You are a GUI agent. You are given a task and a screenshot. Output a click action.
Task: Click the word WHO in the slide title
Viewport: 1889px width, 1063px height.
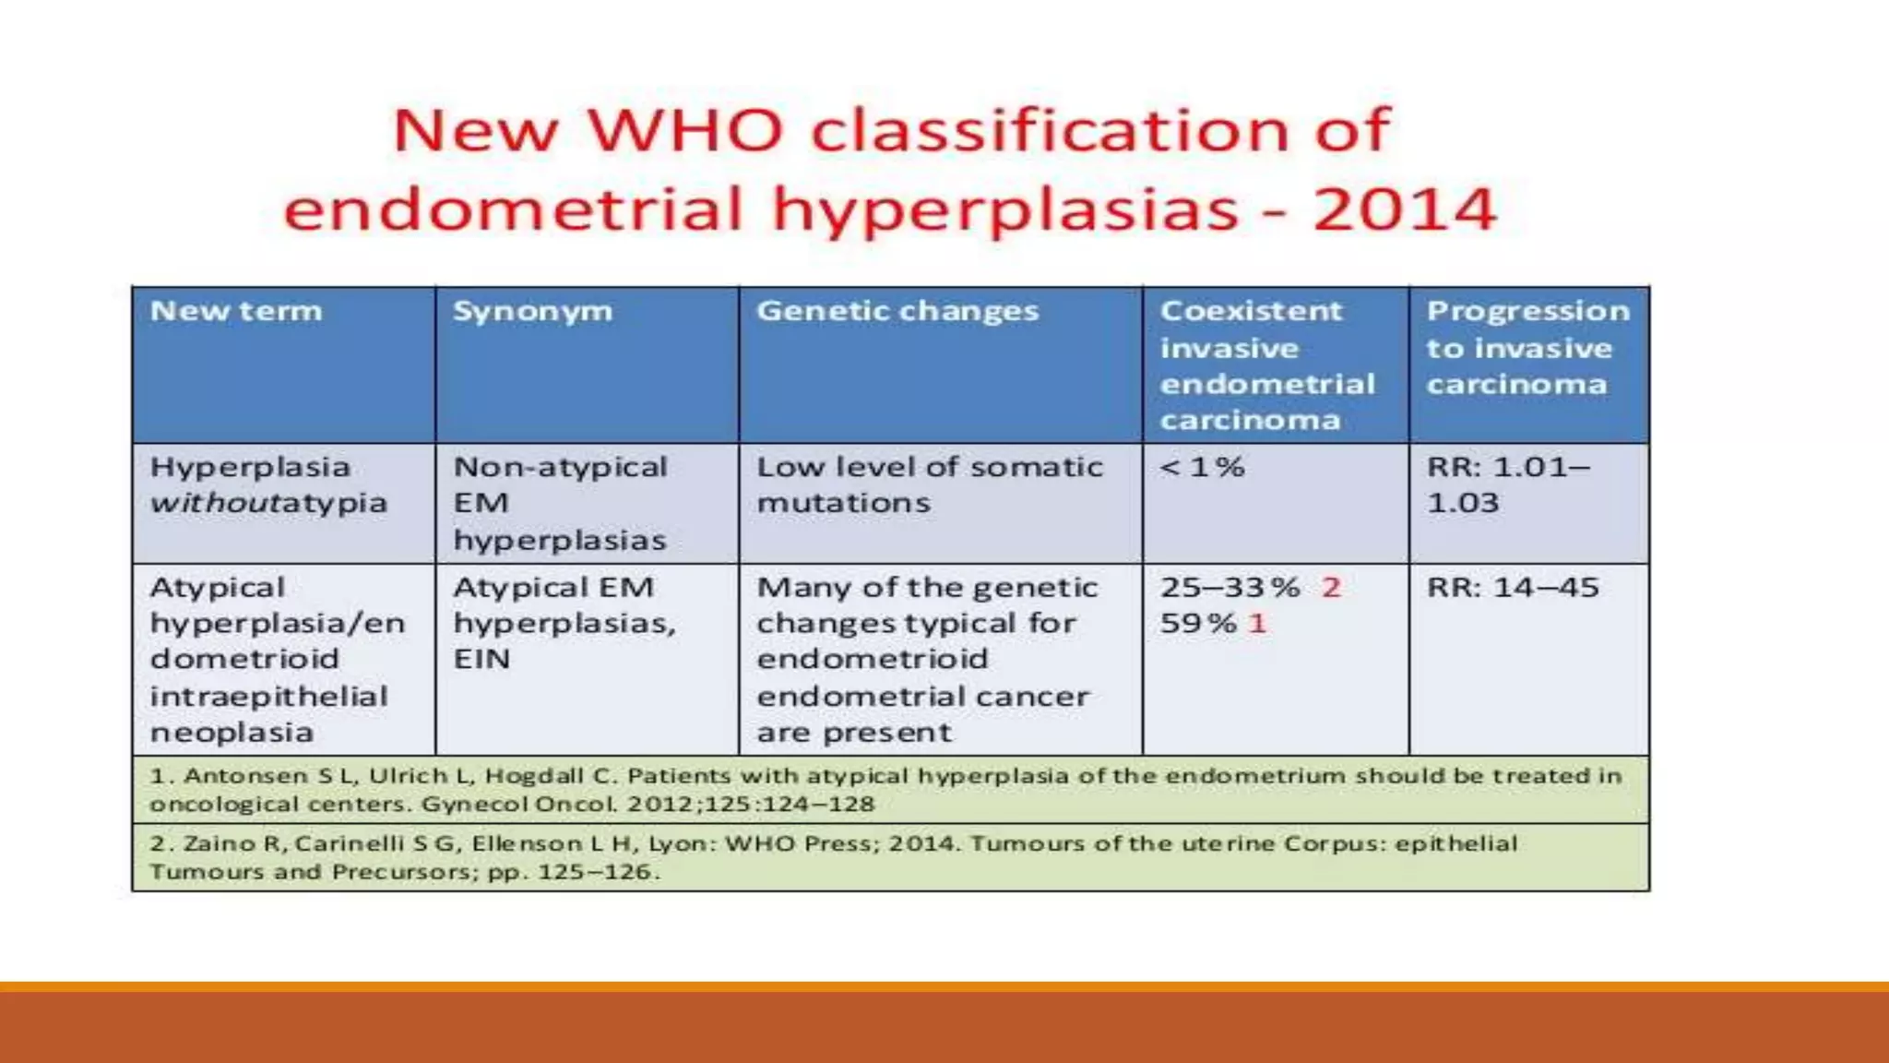pyautogui.click(x=684, y=130)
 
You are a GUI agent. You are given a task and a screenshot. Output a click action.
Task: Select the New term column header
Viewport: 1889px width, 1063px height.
pyautogui.click(x=236, y=311)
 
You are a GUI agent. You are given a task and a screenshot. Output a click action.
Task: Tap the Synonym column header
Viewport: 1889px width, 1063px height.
pyautogui.click(x=532, y=311)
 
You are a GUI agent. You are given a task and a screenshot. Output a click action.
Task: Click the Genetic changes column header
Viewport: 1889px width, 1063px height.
pyautogui.click(x=897, y=311)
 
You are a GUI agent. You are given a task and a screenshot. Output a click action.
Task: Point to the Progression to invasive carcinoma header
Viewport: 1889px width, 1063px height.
pyautogui.click(x=1527, y=348)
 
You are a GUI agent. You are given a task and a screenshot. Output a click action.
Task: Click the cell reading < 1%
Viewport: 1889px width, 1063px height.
pyautogui.click(x=1202, y=467)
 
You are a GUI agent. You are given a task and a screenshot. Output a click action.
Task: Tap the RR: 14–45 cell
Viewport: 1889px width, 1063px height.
pyautogui.click(x=1513, y=588)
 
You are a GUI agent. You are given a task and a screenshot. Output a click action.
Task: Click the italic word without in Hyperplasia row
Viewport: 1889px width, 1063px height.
pyautogui.click(x=210, y=504)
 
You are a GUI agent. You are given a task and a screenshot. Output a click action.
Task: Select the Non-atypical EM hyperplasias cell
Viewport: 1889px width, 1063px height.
pyautogui.click(x=559, y=503)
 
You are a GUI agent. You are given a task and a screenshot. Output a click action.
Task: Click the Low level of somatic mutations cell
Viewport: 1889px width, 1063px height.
pyautogui.click(x=929, y=484)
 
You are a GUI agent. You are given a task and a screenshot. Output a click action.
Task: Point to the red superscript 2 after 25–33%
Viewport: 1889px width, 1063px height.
pyautogui.click(x=1330, y=588)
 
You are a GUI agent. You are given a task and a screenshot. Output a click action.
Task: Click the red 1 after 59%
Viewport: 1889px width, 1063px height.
pyautogui.click(x=1256, y=624)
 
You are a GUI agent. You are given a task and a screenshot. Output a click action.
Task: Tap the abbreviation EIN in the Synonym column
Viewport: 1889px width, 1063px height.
pyautogui.click(x=481, y=660)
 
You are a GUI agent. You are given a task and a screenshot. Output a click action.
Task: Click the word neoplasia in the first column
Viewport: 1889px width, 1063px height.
pyautogui.click(x=232, y=733)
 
